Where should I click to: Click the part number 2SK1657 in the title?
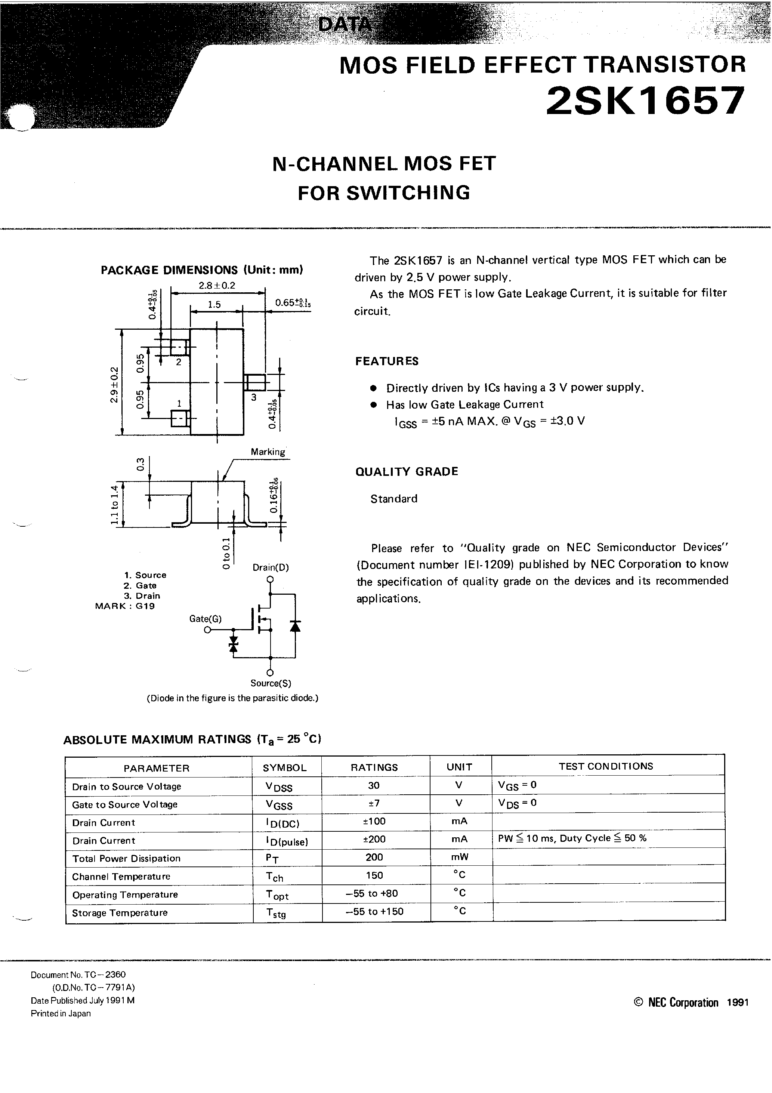click(x=645, y=101)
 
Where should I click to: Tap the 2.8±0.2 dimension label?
click(x=217, y=286)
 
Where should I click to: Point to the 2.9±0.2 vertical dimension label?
click(x=113, y=385)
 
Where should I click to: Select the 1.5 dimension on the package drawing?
click(x=214, y=305)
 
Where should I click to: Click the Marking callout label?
click(x=268, y=452)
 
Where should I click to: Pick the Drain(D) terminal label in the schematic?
click(x=270, y=567)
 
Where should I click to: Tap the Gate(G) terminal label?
click(x=205, y=619)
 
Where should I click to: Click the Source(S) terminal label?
click(x=271, y=683)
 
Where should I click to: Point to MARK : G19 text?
click(x=125, y=606)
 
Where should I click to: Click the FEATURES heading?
click(x=386, y=361)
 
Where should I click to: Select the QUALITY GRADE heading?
click(x=407, y=472)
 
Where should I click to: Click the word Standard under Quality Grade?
click(x=393, y=499)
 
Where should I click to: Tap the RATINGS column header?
click(x=374, y=767)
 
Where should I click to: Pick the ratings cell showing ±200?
click(x=374, y=839)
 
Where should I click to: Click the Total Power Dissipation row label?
click(x=126, y=858)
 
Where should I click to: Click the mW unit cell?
click(x=459, y=857)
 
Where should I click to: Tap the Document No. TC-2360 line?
click(x=78, y=975)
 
